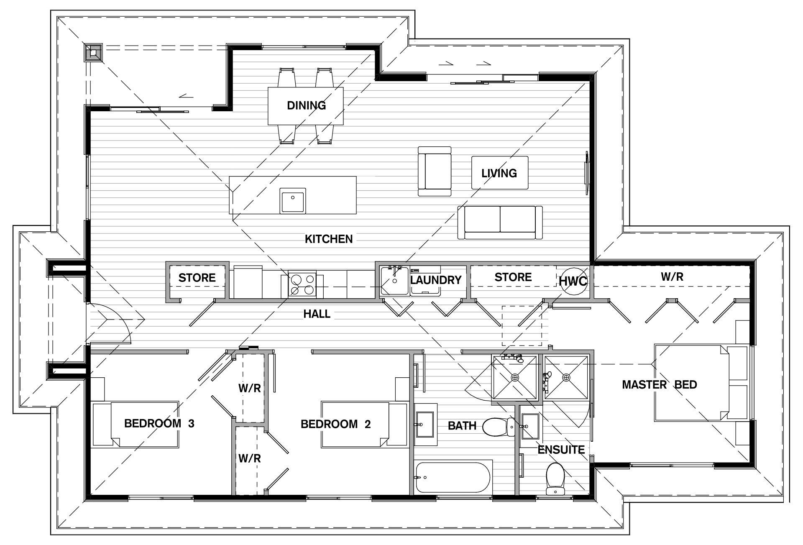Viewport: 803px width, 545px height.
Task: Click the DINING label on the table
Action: pyautogui.click(x=306, y=105)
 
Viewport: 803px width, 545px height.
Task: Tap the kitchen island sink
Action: pyautogui.click(x=293, y=200)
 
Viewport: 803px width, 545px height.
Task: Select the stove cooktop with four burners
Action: pyautogui.click(x=302, y=284)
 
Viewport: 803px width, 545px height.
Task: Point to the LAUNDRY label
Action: pyautogui.click(x=436, y=280)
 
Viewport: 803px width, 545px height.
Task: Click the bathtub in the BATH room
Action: pyautogui.click(x=453, y=477)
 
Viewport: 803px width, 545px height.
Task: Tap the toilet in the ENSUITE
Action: pyautogui.click(x=555, y=478)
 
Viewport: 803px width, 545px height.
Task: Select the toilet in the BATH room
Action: pyautogui.click(x=499, y=426)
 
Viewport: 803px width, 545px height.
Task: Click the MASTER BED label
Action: pyautogui.click(x=660, y=385)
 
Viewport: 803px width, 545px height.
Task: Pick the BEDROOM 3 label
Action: pyautogui.click(x=159, y=423)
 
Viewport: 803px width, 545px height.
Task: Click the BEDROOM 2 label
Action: pyautogui.click(x=336, y=424)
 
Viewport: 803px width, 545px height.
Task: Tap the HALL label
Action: pyautogui.click(x=317, y=314)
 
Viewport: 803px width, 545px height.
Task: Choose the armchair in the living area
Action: pyautogui.click(x=435, y=171)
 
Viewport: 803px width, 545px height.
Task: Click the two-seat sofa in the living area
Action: pyautogui.click(x=500, y=222)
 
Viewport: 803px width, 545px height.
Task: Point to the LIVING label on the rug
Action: pyautogui.click(x=499, y=173)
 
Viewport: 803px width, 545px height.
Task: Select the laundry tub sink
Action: pyautogui.click(x=394, y=281)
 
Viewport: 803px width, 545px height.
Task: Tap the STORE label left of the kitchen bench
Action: pyautogui.click(x=197, y=278)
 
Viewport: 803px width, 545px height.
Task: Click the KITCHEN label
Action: pyautogui.click(x=329, y=239)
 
